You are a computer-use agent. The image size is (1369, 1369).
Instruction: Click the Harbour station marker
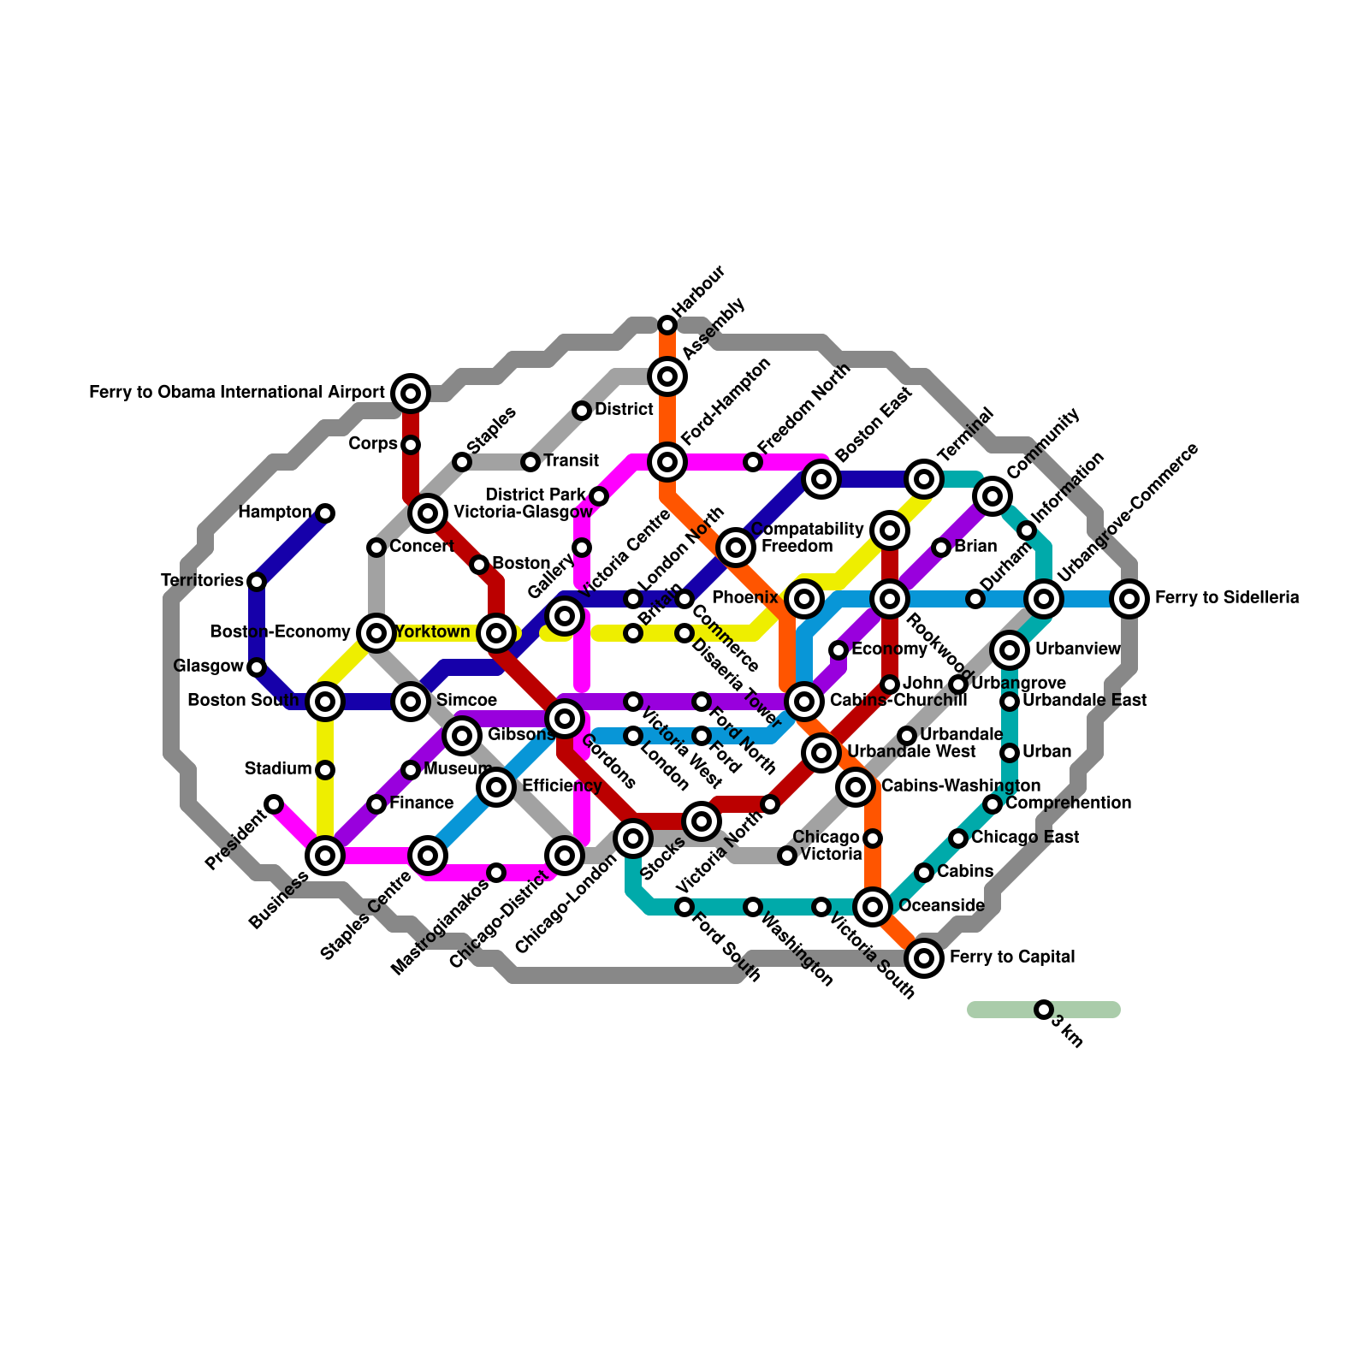point(667,325)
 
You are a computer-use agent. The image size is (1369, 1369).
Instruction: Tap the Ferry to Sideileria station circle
point(1129,599)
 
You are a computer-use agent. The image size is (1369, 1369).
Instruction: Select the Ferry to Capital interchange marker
point(924,958)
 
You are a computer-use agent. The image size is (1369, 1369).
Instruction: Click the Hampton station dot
point(325,513)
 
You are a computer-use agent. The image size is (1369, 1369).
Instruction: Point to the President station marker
point(274,804)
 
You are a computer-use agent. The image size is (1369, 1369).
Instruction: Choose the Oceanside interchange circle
point(873,907)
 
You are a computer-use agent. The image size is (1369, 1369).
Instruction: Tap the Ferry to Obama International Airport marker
point(411,394)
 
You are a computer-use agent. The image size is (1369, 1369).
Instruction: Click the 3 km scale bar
point(1044,1010)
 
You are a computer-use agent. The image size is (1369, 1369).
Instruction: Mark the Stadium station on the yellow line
point(325,770)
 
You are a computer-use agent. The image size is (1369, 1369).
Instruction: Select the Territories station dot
point(257,582)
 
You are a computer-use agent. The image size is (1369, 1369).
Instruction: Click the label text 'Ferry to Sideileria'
point(1227,598)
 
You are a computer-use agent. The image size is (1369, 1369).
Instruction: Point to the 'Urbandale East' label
point(1084,701)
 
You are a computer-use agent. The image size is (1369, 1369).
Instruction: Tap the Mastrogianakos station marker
point(496,873)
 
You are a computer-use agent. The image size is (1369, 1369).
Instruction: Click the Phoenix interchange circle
point(804,599)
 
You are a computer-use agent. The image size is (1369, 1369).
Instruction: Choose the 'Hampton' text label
point(275,513)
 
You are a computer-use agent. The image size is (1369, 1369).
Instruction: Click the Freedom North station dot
point(753,462)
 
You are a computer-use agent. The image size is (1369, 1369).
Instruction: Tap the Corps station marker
point(411,445)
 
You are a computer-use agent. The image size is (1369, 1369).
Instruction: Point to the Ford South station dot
point(684,907)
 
